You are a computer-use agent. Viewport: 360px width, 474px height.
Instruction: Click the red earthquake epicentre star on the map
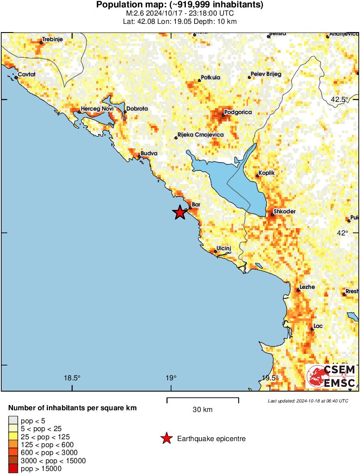(x=179, y=212)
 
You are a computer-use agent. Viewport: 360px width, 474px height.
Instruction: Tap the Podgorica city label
(x=238, y=112)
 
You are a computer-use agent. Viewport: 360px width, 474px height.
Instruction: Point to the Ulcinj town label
(x=224, y=248)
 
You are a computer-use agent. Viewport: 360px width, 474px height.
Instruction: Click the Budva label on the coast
(x=149, y=154)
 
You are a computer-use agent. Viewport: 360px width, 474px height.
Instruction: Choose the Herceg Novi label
(x=97, y=108)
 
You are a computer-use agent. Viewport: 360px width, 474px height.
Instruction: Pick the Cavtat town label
(x=26, y=75)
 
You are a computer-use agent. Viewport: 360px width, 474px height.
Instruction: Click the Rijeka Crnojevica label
(x=201, y=135)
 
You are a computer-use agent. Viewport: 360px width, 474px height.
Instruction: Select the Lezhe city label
(x=307, y=287)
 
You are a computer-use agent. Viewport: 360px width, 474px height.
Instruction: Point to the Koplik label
(x=266, y=173)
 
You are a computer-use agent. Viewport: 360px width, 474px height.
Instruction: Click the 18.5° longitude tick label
(x=72, y=377)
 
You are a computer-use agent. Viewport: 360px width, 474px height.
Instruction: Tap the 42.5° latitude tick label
(x=339, y=99)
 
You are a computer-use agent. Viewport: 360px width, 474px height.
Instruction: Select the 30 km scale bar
(x=203, y=398)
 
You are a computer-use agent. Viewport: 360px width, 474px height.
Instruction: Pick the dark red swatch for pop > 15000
(x=13, y=468)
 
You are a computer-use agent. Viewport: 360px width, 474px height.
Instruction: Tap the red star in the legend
(x=166, y=439)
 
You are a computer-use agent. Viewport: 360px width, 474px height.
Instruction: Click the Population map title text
(x=180, y=5)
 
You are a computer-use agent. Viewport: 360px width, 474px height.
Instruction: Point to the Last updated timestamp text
(x=308, y=401)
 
